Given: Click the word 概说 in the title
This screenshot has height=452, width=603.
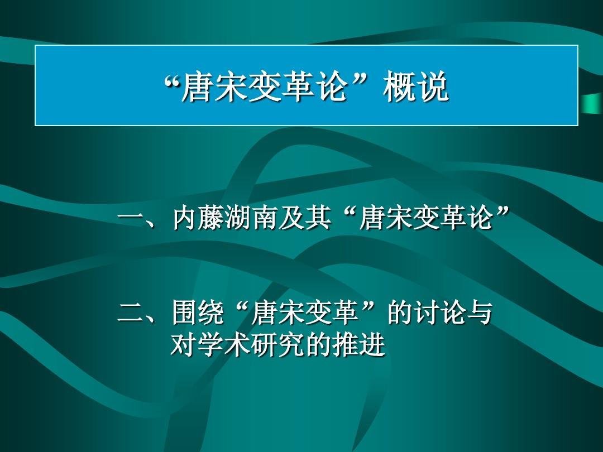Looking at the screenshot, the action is [416, 86].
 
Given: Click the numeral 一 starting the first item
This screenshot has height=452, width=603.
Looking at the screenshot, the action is [130, 219].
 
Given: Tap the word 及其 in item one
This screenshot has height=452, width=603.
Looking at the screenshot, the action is [305, 218].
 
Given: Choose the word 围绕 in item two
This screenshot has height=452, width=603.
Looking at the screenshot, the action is [198, 312].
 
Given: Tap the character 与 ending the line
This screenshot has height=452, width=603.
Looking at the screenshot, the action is [480, 312].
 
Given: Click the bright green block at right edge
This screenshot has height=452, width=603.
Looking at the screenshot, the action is [592, 104].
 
